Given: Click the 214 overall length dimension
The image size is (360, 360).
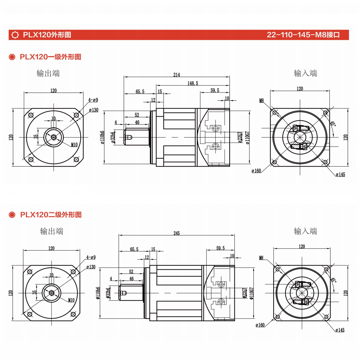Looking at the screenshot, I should click(176, 75).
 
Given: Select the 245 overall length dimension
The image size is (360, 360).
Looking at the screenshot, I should click(176, 233).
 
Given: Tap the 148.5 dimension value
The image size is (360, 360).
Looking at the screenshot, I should click(193, 83).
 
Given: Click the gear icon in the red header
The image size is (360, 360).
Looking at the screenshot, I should click(15, 35).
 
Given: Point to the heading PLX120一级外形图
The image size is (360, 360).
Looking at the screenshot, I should click(50, 57).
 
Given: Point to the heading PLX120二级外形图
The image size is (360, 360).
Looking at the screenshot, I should click(50, 215).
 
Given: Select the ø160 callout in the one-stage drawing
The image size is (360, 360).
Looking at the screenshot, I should click(256, 171).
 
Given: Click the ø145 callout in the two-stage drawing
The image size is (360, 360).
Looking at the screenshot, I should click(340, 330).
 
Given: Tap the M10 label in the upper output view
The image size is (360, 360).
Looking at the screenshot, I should click(74, 145).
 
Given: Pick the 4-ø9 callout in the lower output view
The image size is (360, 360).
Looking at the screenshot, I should click(91, 257).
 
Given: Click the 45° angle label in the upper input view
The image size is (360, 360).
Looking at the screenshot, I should click(333, 124).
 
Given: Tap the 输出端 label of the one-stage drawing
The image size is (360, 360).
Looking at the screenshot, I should click(48, 73).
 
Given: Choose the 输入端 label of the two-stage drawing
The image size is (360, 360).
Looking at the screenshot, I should click(305, 231).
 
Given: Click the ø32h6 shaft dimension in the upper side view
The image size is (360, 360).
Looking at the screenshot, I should click(113, 138).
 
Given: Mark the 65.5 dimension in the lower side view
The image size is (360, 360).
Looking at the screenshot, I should click(134, 249).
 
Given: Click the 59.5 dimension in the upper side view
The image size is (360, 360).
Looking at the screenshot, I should click(215, 90).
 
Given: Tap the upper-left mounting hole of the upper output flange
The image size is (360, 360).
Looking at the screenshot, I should click(31, 115).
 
